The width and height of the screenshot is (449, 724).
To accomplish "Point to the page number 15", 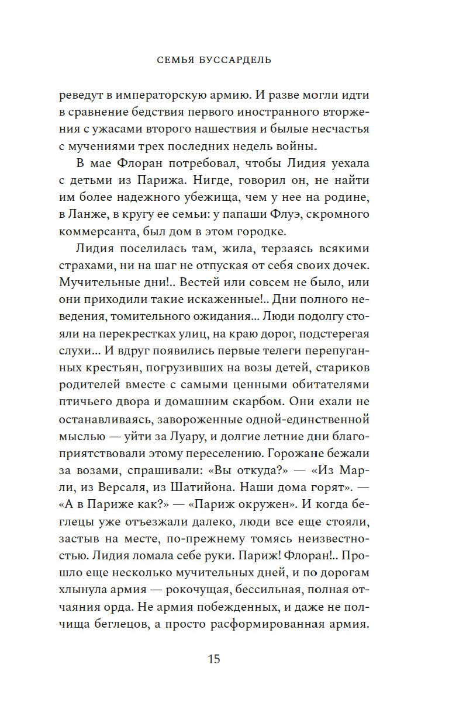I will coord(213,659).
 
